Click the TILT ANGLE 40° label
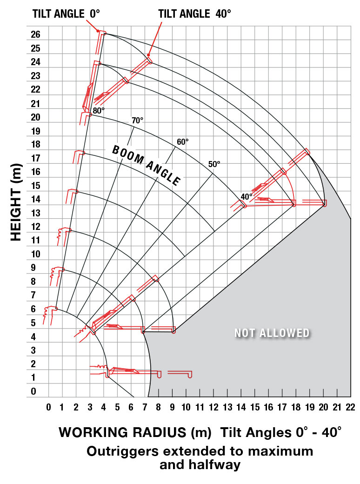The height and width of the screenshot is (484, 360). tap(195, 13)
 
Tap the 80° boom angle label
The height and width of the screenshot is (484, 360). tap(99, 111)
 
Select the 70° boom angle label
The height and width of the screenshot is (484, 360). tap(137, 121)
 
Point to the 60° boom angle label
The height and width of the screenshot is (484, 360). tap(183, 142)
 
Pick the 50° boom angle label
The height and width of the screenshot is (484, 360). tap(214, 164)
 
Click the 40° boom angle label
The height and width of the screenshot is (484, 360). tap(247, 196)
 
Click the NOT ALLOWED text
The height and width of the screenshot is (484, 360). tap(272, 333)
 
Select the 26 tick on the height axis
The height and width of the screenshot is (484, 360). tap(36, 35)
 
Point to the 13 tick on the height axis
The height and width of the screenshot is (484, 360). tap(36, 214)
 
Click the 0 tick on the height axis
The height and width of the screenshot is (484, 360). tap(33, 392)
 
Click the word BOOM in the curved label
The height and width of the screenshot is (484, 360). tap(128, 156)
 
